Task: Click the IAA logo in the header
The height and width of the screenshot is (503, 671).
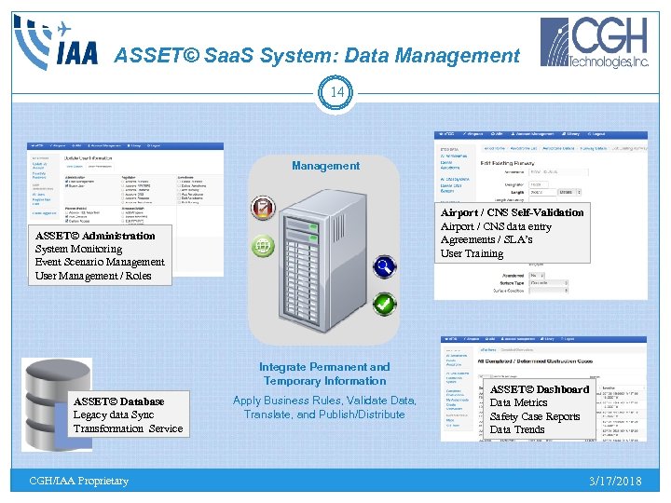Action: [x=55, y=42]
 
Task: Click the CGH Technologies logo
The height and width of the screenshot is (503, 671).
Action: [x=596, y=43]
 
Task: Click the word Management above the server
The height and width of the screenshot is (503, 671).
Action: [x=325, y=166]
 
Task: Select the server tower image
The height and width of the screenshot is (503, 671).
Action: [x=326, y=256]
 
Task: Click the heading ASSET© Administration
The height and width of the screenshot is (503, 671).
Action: [x=95, y=236]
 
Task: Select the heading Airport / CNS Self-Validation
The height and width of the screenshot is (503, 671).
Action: [x=512, y=212]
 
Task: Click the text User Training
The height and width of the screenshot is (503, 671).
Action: [x=472, y=253]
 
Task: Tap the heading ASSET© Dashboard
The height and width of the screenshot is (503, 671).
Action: [x=540, y=389]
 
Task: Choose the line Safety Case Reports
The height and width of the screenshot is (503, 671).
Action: [x=535, y=416]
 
